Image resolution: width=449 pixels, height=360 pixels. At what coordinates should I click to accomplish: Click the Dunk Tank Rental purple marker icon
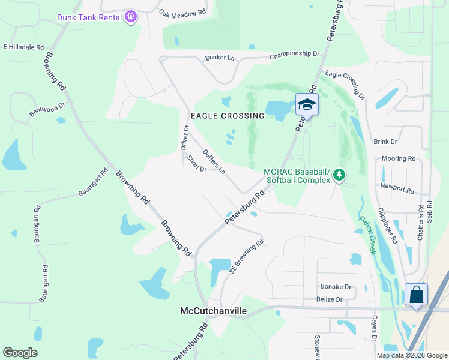point(131,17)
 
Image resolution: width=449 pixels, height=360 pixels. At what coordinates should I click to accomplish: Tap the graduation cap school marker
point(307,105)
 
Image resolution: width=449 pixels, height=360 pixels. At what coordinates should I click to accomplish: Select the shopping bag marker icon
point(416,295)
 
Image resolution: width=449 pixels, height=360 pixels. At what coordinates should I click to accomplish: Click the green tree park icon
point(340,175)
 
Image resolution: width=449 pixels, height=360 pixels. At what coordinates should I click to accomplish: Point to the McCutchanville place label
point(213,311)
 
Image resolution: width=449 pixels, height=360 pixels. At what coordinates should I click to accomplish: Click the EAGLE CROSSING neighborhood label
point(228,115)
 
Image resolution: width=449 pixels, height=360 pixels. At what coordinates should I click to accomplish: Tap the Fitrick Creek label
point(367,235)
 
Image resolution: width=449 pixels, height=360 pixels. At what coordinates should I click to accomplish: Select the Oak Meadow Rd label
point(182,12)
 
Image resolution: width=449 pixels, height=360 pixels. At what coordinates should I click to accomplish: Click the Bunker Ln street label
point(220,58)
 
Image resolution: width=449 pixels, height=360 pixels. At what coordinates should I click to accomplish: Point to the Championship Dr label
point(295,54)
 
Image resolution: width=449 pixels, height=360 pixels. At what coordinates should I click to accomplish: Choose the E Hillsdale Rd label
point(24,47)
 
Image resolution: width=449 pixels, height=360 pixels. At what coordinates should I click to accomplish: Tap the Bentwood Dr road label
point(47,109)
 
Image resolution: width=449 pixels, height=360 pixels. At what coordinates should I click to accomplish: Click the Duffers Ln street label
point(214,162)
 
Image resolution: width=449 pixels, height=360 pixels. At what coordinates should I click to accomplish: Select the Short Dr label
point(197,164)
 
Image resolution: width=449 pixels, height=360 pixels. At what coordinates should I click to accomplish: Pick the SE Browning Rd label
point(247,257)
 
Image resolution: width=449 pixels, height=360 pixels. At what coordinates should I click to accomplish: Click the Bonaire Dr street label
point(336,287)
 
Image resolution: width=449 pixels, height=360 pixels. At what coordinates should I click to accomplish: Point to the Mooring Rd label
point(399,159)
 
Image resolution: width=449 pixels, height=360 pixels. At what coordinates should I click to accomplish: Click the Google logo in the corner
point(20,353)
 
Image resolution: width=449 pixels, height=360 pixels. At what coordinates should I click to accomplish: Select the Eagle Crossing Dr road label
point(345,85)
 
